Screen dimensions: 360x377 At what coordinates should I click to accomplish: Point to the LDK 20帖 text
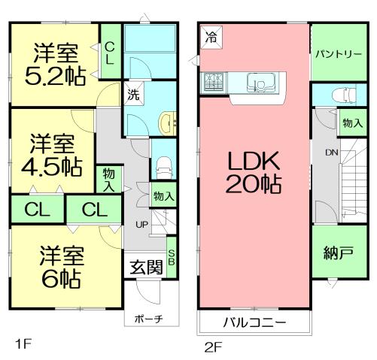pos(251,171)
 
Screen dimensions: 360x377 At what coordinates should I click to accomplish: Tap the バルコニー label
pos(253,324)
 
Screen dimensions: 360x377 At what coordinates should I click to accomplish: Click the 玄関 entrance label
pos(145,267)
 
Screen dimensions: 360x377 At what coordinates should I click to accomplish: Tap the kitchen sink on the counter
pos(268,80)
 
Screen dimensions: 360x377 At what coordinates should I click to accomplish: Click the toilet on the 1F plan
pos(163,168)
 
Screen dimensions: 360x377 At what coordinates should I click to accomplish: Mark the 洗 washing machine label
pos(132,95)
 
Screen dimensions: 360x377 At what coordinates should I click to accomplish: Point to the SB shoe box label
pos(172,257)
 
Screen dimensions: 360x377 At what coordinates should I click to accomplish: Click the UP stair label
pos(140,225)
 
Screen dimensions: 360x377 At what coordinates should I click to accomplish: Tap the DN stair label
pos(331,152)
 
